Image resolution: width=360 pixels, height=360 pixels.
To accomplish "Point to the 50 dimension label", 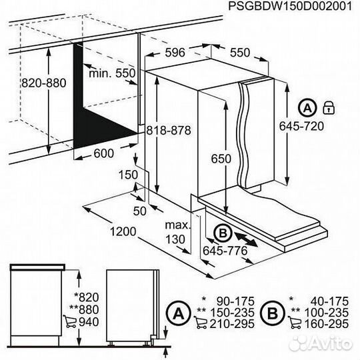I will pyautogui.click(x=139, y=211).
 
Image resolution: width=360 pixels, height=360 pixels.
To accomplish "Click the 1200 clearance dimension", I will pyautogui.click(x=122, y=233).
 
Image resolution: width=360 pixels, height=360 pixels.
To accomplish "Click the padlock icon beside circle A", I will pyautogui.click(x=328, y=106).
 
